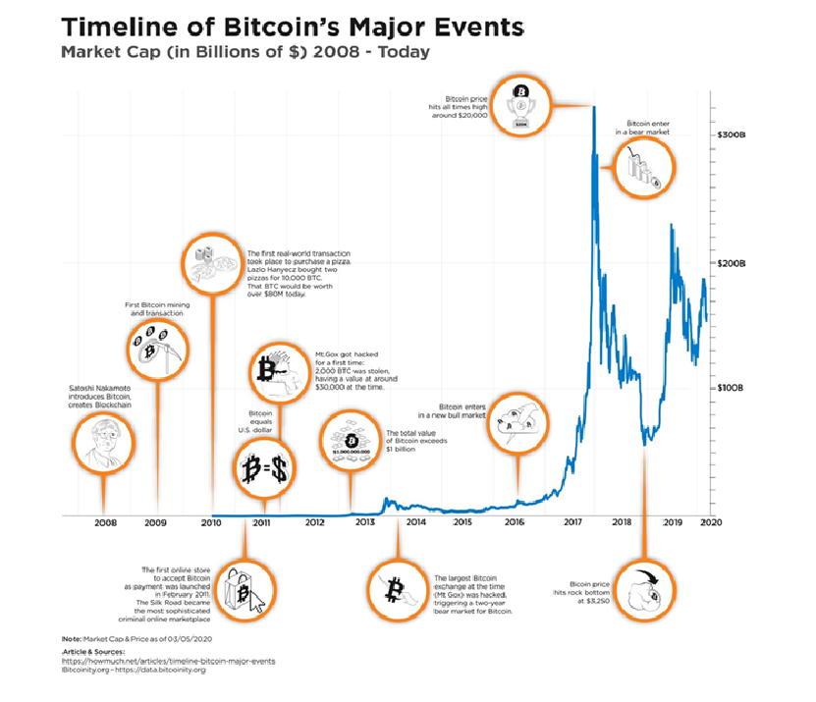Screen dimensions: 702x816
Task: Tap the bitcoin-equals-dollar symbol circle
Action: tap(264, 469)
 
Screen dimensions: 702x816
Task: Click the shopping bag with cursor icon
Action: tap(245, 591)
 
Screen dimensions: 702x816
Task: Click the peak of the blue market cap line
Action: tap(595, 107)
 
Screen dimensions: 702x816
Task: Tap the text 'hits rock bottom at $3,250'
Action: tap(581, 588)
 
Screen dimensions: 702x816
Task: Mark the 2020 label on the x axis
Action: tap(712, 523)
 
